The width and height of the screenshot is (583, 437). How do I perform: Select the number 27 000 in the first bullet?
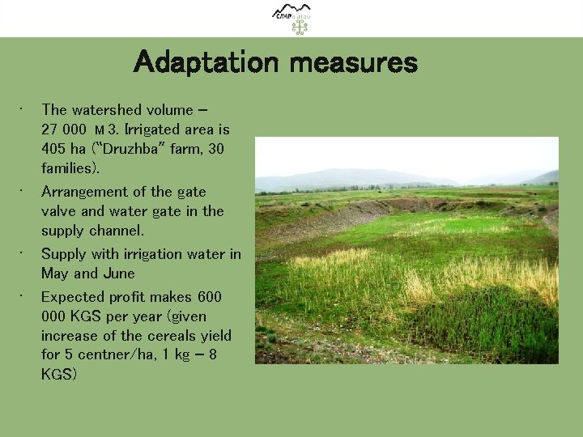coord(63,129)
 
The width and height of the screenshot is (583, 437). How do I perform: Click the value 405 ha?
coord(62,149)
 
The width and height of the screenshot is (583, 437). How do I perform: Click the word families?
coord(68,168)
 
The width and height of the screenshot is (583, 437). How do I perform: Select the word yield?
coord(215,336)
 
